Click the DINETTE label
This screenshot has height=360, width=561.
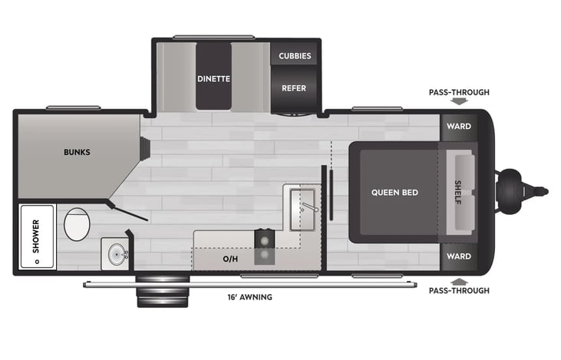(213, 78)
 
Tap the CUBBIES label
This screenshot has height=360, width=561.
(294, 55)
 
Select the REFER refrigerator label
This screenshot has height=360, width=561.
(294, 88)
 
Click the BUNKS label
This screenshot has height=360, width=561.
(77, 152)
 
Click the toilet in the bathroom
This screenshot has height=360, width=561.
(77, 225)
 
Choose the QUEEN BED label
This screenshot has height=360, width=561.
(395, 192)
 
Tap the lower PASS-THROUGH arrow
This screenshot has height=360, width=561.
(459, 281)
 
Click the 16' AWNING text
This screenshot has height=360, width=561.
(249, 297)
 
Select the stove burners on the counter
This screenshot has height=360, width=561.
(265, 245)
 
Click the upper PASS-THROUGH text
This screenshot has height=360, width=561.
(459, 92)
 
